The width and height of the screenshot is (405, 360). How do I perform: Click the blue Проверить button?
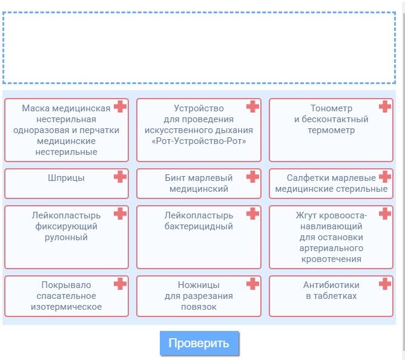199,343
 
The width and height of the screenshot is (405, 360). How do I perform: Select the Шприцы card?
66,183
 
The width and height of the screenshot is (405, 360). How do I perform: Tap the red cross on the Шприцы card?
120,177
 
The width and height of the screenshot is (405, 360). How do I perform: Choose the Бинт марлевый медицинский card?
199,183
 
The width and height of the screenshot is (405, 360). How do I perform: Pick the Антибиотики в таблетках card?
331,296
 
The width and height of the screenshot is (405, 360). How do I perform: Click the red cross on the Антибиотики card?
385,284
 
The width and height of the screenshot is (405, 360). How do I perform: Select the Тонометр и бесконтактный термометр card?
331,130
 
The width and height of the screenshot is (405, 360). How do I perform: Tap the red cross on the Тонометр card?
385,106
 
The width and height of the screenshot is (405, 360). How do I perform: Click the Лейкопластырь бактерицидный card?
199,237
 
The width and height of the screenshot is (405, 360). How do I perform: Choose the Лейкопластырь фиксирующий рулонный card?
66,237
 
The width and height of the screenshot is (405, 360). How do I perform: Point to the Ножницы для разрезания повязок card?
199,296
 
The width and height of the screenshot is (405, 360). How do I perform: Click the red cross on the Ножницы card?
252,284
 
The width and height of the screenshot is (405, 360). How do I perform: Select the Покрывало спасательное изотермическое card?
66,296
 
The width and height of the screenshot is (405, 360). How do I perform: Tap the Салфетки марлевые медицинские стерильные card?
331,183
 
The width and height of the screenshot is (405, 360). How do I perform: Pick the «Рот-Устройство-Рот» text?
199,141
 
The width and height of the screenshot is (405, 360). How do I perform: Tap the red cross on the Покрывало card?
120,284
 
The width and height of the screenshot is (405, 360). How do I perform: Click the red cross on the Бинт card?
252,177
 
